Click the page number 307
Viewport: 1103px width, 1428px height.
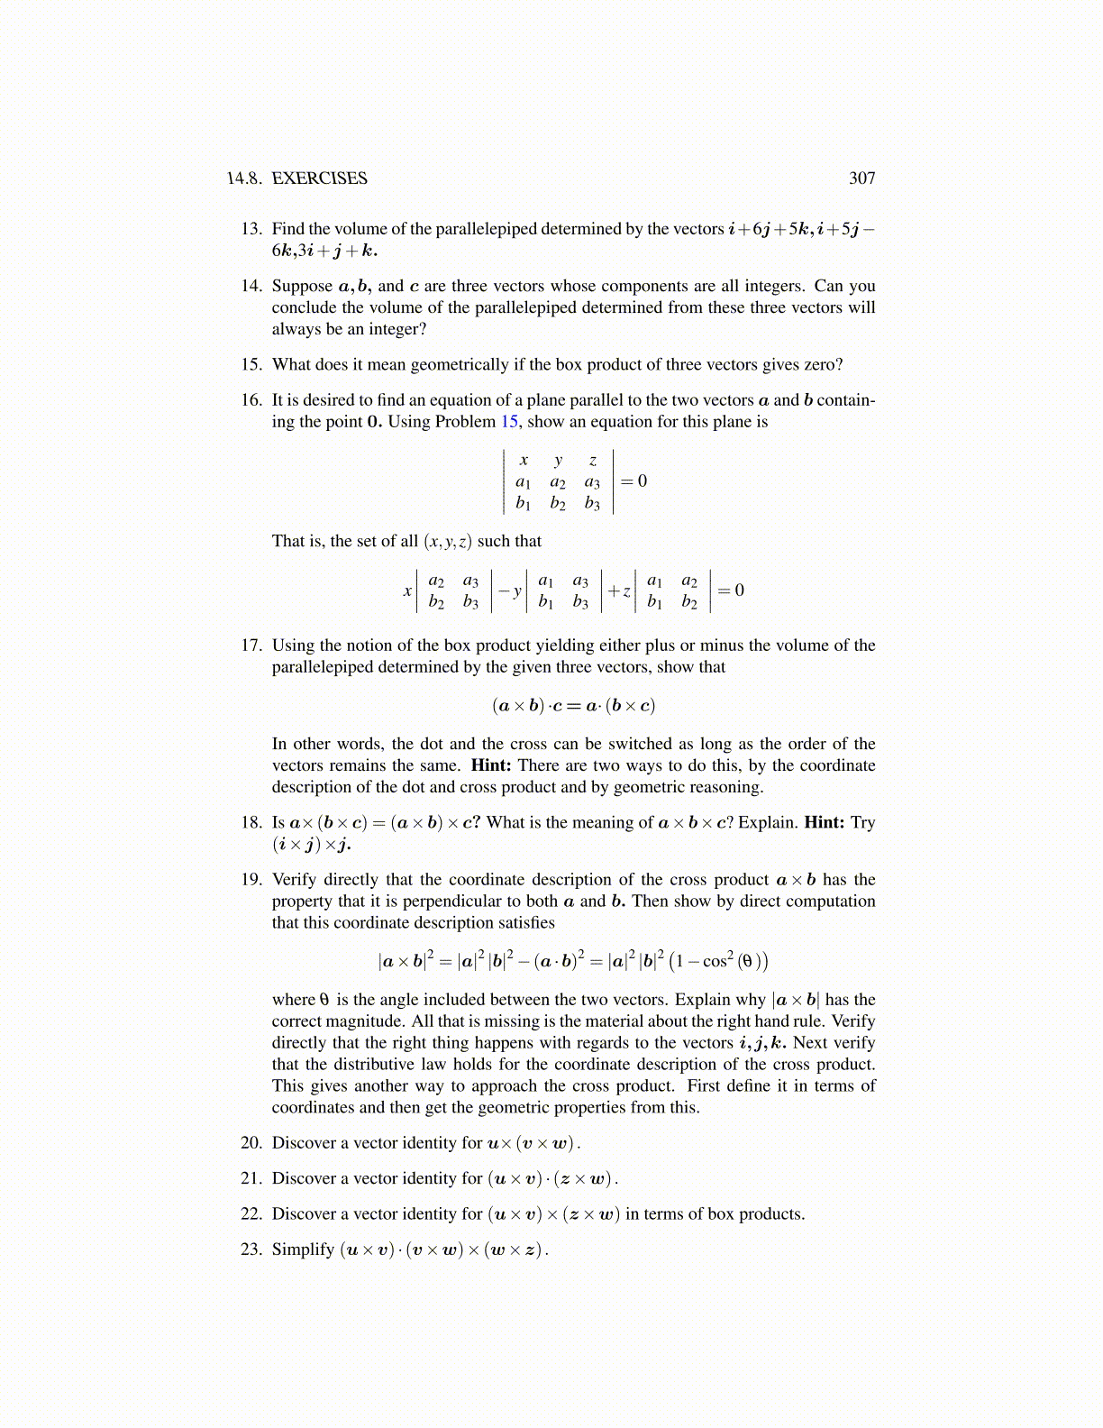point(861,178)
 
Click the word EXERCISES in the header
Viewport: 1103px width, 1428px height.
point(319,178)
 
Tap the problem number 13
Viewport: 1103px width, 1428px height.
point(251,229)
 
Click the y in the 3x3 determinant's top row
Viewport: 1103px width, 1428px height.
point(558,461)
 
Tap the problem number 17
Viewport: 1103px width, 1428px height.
point(251,645)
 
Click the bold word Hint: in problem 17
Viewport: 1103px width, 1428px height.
point(491,765)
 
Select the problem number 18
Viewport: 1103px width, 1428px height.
point(251,822)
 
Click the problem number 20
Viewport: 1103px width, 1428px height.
point(251,1143)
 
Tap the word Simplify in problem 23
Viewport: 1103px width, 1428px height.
point(303,1249)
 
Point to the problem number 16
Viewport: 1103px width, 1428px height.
point(251,400)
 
